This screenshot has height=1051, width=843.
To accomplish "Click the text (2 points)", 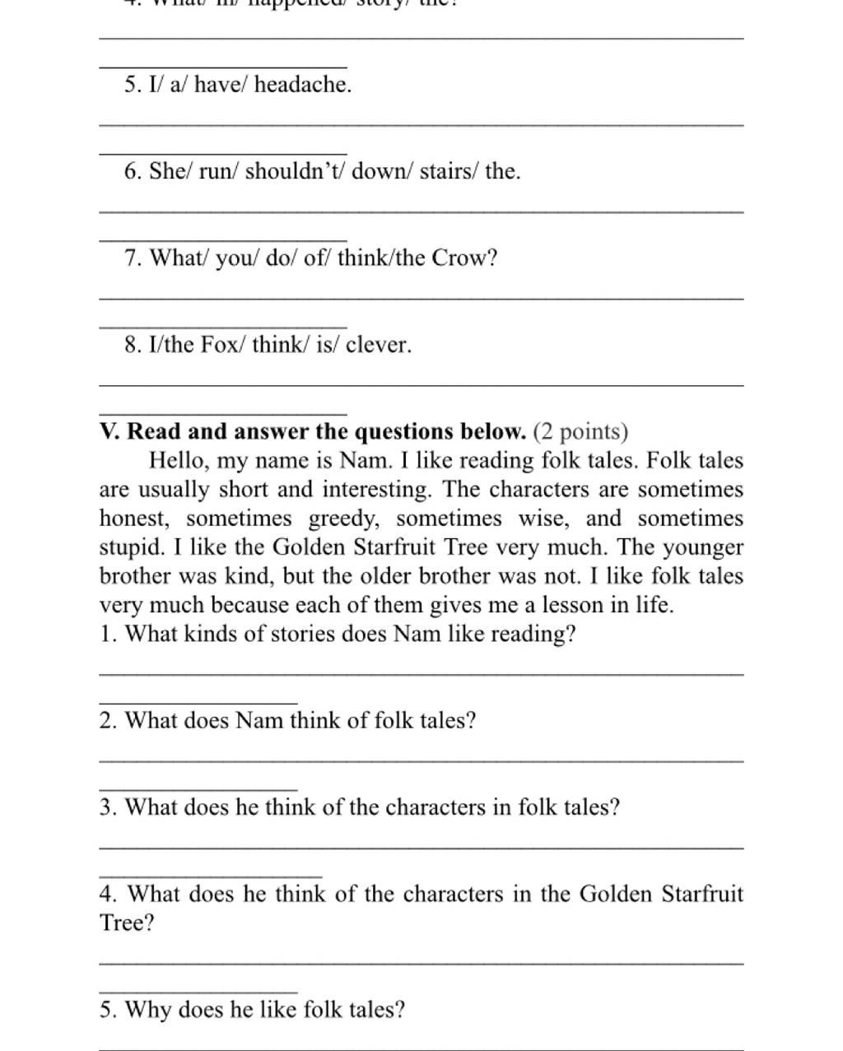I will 580,431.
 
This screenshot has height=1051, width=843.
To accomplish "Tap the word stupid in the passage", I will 130,547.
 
